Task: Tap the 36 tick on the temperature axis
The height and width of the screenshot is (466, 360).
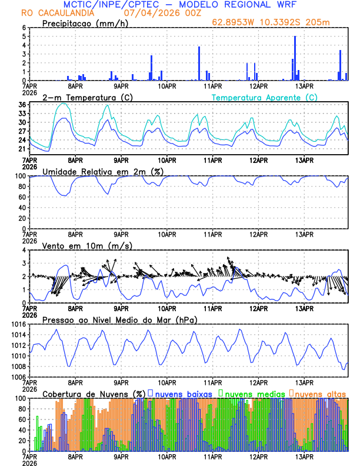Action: pos(23,105)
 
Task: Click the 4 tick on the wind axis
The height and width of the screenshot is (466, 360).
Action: pos(24,250)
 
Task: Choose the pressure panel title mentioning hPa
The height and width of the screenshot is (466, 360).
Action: pos(119,319)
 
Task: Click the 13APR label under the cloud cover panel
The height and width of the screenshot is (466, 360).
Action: pos(304,456)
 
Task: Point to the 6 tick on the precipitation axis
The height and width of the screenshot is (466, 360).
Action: pos(24,28)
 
